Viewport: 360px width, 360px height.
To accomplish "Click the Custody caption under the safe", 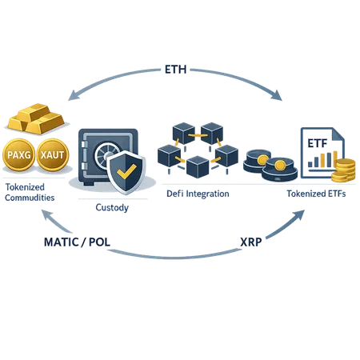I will click(110, 206).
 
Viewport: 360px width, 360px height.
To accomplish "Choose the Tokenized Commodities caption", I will click(30, 191).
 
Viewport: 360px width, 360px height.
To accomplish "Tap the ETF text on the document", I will click(317, 142).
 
